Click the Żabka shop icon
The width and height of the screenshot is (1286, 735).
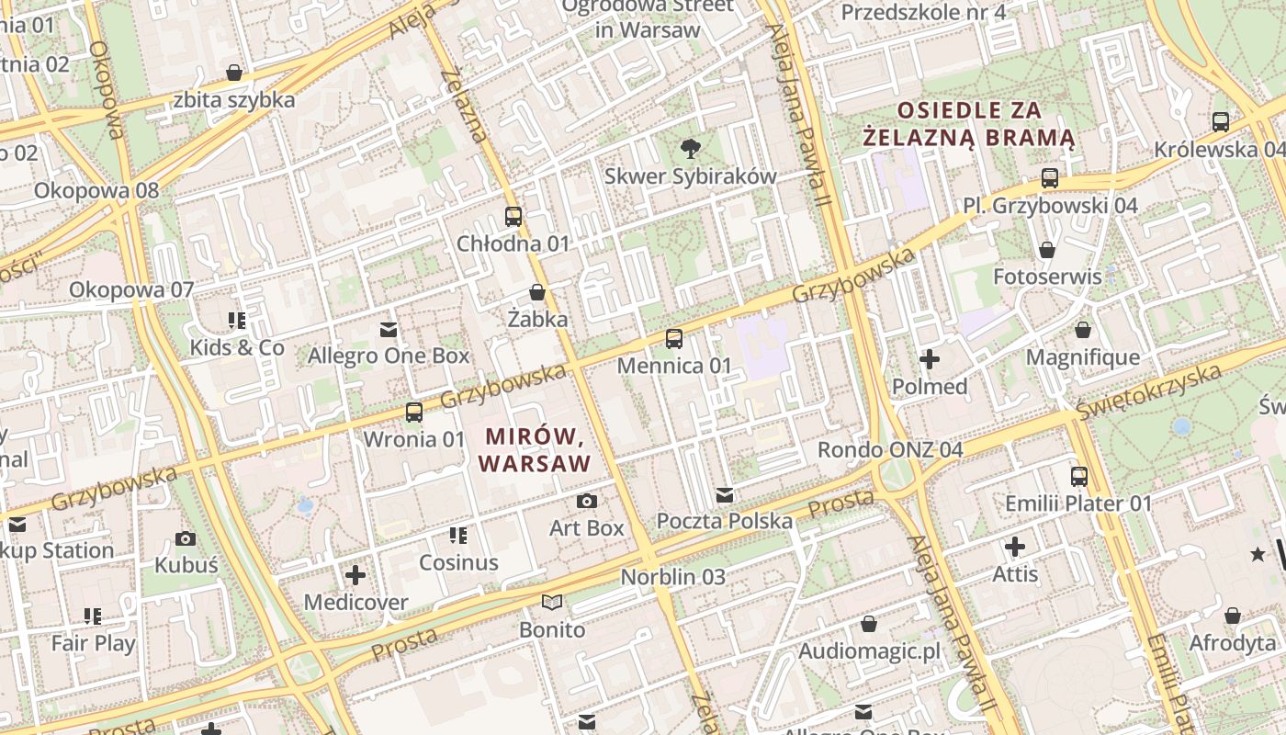(x=537, y=292)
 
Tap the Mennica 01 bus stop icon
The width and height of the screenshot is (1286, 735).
(x=674, y=339)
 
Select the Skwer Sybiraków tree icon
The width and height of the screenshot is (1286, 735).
(x=690, y=148)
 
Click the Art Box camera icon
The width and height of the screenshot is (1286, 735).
(x=586, y=501)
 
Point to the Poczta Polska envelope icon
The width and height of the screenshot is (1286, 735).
(x=725, y=495)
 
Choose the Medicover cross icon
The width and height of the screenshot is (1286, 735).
(x=355, y=576)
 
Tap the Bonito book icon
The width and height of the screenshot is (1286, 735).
(x=551, y=603)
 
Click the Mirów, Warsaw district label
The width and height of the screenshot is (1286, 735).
(x=535, y=449)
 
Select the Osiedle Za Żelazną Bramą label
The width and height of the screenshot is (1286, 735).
(x=969, y=124)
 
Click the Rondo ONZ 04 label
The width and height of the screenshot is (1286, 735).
(x=890, y=450)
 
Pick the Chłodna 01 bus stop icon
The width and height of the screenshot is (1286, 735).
(x=513, y=217)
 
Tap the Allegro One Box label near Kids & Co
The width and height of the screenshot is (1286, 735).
(x=389, y=356)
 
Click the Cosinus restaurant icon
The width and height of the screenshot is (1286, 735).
(x=457, y=536)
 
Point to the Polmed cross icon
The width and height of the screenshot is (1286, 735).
(x=930, y=359)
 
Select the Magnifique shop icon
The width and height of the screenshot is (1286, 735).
(x=1083, y=330)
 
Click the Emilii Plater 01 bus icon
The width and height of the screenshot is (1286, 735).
(x=1079, y=477)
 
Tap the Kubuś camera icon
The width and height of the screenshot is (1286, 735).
(x=186, y=538)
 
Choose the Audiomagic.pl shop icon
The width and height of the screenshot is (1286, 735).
(x=869, y=625)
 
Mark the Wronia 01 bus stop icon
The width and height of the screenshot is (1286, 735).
(x=414, y=413)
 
